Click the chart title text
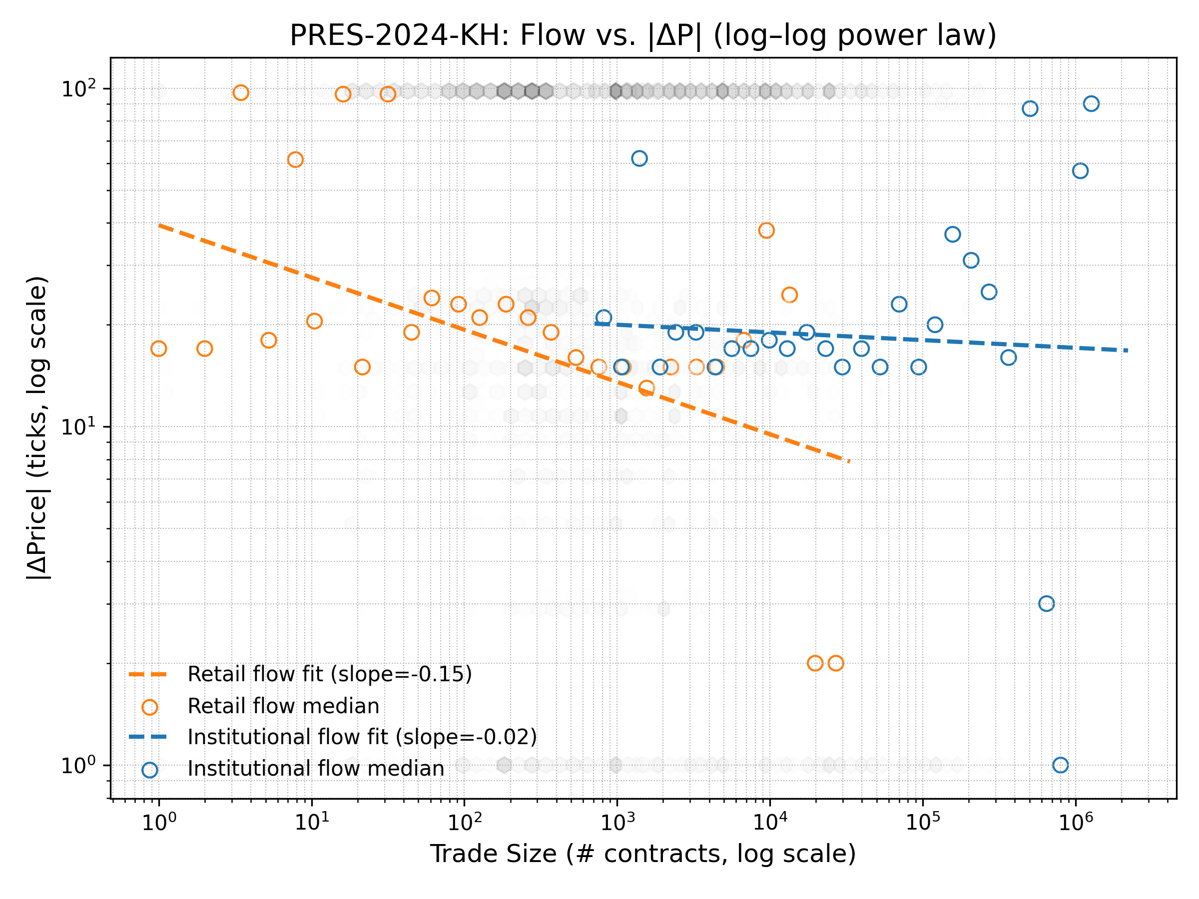[x=643, y=35]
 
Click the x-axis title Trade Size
[x=643, y=854]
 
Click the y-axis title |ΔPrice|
[x=38, y=428]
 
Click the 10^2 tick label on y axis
[x=78, y=89]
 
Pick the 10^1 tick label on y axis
[x=78, y=427]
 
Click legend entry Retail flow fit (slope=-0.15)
[x=329, y=675]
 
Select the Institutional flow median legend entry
[x=315, y=769]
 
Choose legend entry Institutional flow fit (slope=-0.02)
[x=362, y=738]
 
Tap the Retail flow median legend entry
[x=283, y=706]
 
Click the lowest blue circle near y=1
[x=1060, y=765]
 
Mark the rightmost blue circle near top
[x=1091, y=103]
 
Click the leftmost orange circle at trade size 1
[x=159, y=349]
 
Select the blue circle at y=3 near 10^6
[x=1047, y=604]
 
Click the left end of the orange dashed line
[x=160, y=225]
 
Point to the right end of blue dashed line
[x=1127, y=351]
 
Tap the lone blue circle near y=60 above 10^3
[x=639, y=159]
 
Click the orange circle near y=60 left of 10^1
[x=295, y=160]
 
